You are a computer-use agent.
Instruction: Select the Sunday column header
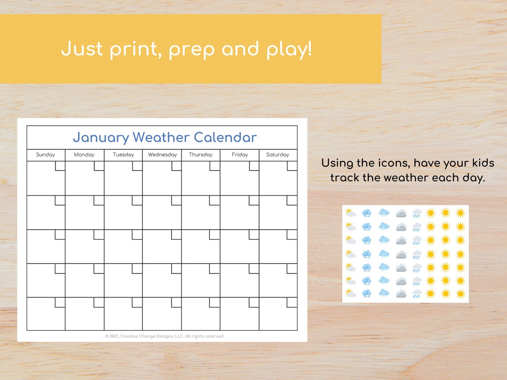click(46, 155)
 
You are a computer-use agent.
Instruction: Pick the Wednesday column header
click(162, 155)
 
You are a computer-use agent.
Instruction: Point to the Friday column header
click(240, 155)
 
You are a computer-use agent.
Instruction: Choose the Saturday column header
click(278, 155)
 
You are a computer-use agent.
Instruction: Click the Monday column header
click(84, 155)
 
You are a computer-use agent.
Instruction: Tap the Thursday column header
click(201, 155)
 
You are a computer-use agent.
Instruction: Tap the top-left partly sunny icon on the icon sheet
click(350, 213)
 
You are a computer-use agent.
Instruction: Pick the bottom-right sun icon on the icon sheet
click(460, 294)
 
